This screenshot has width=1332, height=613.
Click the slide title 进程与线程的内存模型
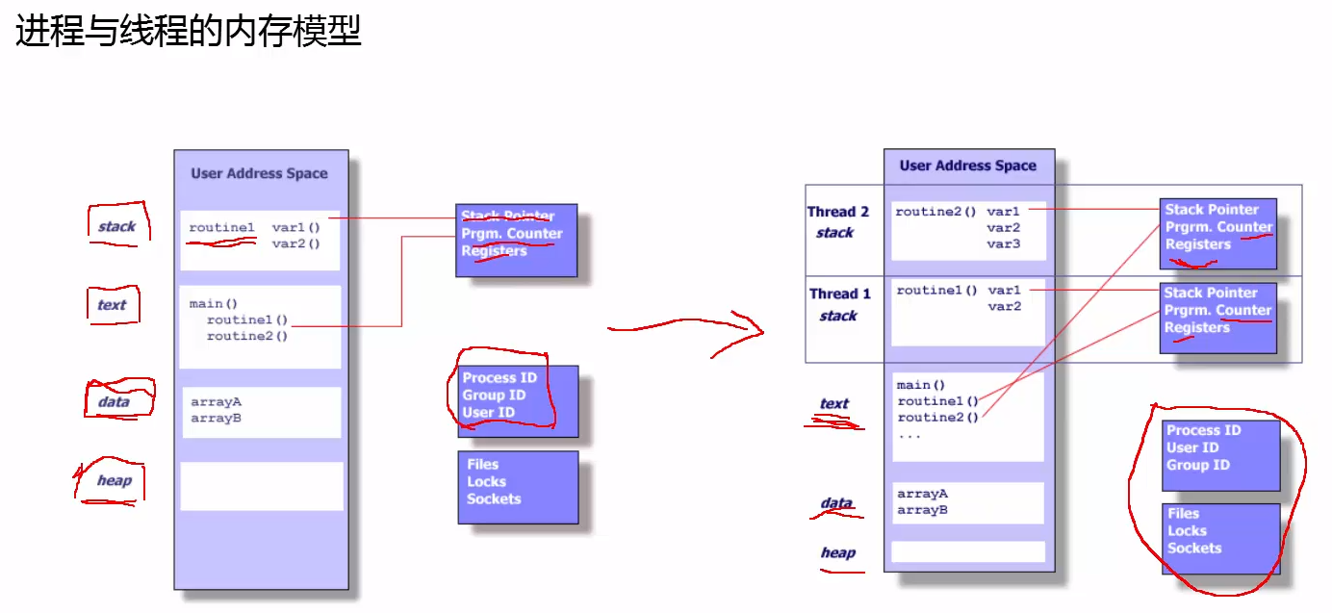tap(189, 31)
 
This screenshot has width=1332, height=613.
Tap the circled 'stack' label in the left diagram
tap(116, 227)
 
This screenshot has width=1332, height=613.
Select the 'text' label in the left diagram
tap(112, 305)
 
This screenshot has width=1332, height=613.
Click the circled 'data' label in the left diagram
tap(114, 401)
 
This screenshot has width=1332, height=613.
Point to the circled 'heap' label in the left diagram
tap(114, 480)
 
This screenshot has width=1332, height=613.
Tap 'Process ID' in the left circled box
tap(499, 378)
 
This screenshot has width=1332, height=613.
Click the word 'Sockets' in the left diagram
tap(494, 498)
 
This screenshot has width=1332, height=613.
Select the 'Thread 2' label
tap(837, 213)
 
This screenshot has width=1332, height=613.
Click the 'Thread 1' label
tap(839, 294)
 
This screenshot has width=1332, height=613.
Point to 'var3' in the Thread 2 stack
tap(1003, 244)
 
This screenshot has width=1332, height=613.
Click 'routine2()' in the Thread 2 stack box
tap(936, 210)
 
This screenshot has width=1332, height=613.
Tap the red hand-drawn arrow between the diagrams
tap(685, 329)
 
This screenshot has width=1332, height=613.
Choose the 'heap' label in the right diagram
tap(837, 552)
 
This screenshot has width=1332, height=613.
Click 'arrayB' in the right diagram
tap(922, 510)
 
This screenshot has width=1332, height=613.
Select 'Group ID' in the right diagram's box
tap(1198, 465)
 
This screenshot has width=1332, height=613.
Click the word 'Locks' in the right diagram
tap(1187, 531)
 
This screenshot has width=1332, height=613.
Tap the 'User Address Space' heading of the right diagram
tap(968, 166)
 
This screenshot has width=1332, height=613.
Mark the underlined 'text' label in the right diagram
tap(833, 404)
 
